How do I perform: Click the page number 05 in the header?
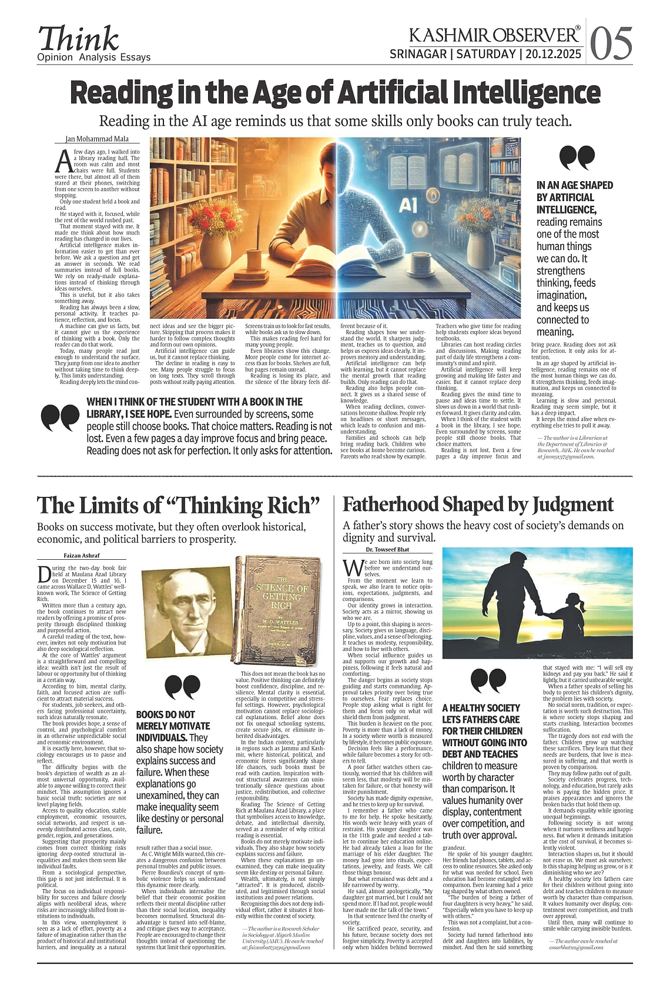tap(611, 44)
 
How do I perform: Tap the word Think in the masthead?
tap(78, 39)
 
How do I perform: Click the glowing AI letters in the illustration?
tap(407, 204)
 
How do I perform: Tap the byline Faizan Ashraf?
tap(82, 555)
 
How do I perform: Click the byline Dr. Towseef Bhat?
tap(387, 549)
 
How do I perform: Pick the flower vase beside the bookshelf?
tap(215, 235)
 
